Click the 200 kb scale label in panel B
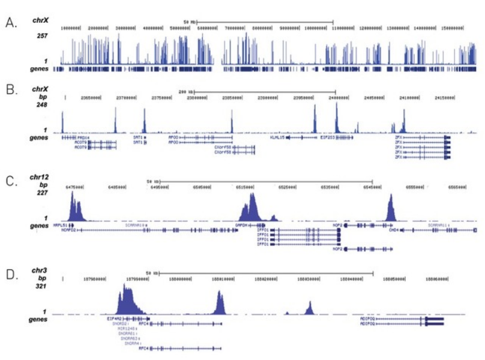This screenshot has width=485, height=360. (184, 92)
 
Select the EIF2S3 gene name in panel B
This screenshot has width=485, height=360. (328, 137)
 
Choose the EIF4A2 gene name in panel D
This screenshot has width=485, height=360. (115, 319)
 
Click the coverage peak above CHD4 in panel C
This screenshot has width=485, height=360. (391, 208)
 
